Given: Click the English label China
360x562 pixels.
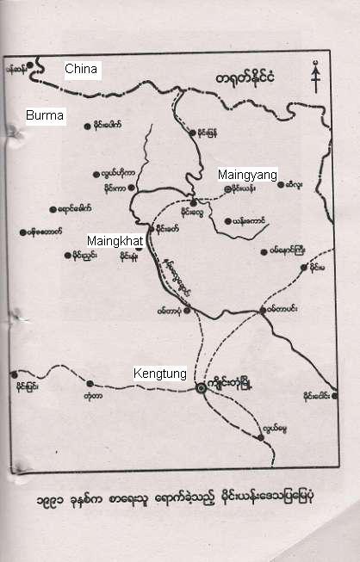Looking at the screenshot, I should coord(83,70).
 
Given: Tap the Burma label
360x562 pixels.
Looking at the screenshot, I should coord(44,114).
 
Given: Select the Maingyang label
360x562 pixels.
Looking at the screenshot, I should coord(247,175).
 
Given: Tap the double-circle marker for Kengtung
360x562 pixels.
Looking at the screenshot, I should coord(201,388).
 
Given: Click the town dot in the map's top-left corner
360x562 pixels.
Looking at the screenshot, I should coord(30,64).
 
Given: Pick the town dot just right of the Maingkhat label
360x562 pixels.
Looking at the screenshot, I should coord(138,246).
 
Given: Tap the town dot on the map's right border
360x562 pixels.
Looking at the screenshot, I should coord(332,385).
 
